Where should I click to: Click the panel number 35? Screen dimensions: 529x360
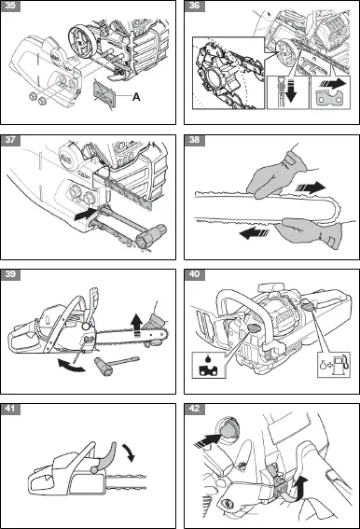tap(12, 7)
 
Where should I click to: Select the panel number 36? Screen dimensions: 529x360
tap(194, 7)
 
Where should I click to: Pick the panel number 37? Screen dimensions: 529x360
tap(12, 141)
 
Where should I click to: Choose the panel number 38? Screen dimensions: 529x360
tap(194, 141)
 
